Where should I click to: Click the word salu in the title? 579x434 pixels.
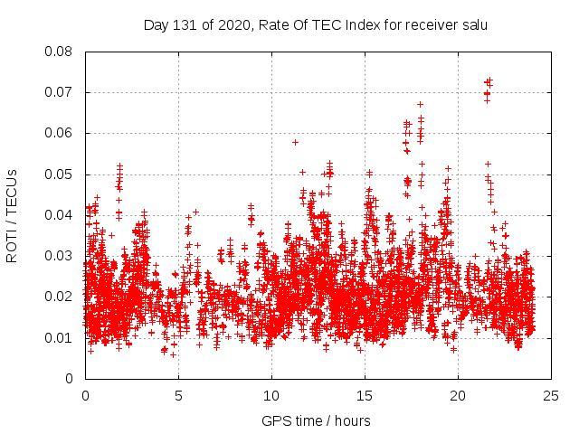point(472,24)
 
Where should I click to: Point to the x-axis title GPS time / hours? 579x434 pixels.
point(316,420)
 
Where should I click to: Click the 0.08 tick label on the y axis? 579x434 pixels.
point(60,52)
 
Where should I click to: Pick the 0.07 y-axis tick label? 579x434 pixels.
point(60,92)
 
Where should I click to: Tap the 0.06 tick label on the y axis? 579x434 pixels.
point(60,133)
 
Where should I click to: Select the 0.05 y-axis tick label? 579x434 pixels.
point(60,175)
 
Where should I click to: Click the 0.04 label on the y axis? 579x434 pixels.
point(60,215)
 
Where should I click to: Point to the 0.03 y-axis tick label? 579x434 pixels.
point(60,256)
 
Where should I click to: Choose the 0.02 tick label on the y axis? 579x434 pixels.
point(60,297)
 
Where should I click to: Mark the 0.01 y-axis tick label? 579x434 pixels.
point(60,337)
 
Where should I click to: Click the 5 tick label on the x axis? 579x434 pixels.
point(178,395)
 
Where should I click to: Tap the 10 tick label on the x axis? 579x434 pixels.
point(271,395)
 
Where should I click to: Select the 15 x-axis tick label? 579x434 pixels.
point(365,395)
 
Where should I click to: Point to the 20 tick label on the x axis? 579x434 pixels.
point(458,395)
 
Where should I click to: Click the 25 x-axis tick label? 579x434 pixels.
point(551,395)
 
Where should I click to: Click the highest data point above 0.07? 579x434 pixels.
point(489,80)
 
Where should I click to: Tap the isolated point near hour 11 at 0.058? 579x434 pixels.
point(295,142)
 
